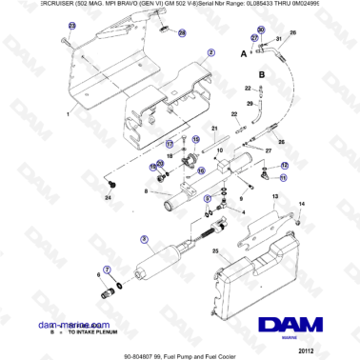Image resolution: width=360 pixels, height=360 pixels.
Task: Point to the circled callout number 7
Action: pyautogui.click(x=106, y=270)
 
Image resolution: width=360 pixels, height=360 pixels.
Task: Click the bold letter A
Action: pyautogui.click(x=244, y=55)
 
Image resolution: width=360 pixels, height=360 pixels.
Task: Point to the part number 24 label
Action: pyautogui.click(x=108, y=197)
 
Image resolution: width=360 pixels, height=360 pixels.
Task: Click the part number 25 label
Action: pyautogui.click(x=215, y=252)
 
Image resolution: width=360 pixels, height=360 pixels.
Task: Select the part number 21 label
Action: pyautogui.click(x=215, y=128)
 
